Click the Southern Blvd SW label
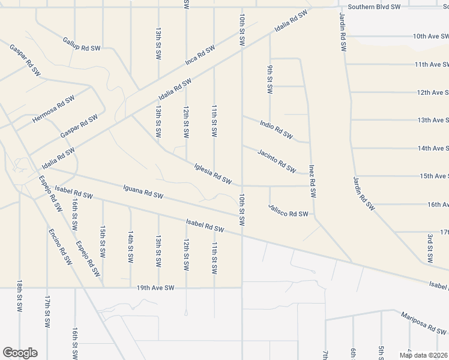[x=373, y=7]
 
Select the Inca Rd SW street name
[x=200, y=56]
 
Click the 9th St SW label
[x=270, y=79]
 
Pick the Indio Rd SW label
[x=276, y=129]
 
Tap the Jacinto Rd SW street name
[x=277, y=160]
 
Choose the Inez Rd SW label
[x=312, y=181]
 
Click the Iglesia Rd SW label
[x=213, y=173]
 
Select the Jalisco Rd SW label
[x=288, y=213]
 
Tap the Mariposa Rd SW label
[x=423, y=323]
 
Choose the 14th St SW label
[x=130, y=247]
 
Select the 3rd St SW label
[x=430, y=247]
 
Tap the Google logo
[x=20, y=353]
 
